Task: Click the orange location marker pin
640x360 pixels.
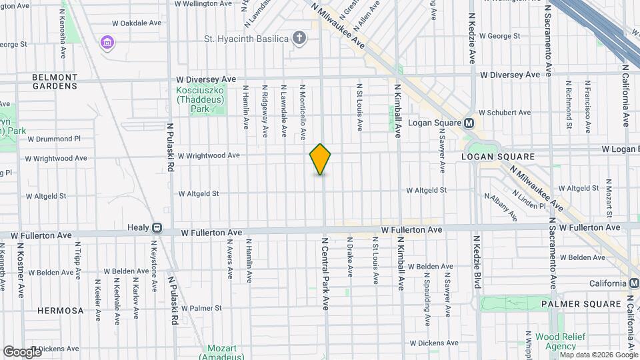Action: (320, 159)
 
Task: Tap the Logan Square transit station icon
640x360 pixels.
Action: (469, 123)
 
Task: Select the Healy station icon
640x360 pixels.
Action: (157, 227)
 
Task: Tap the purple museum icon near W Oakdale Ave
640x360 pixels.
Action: (106, 43)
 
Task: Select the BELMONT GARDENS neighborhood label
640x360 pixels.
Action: (55, 82)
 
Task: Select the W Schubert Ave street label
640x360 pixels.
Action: (507, 113)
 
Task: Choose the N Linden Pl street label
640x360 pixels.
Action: (530, 201)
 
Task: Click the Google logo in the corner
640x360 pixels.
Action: (23, 351)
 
